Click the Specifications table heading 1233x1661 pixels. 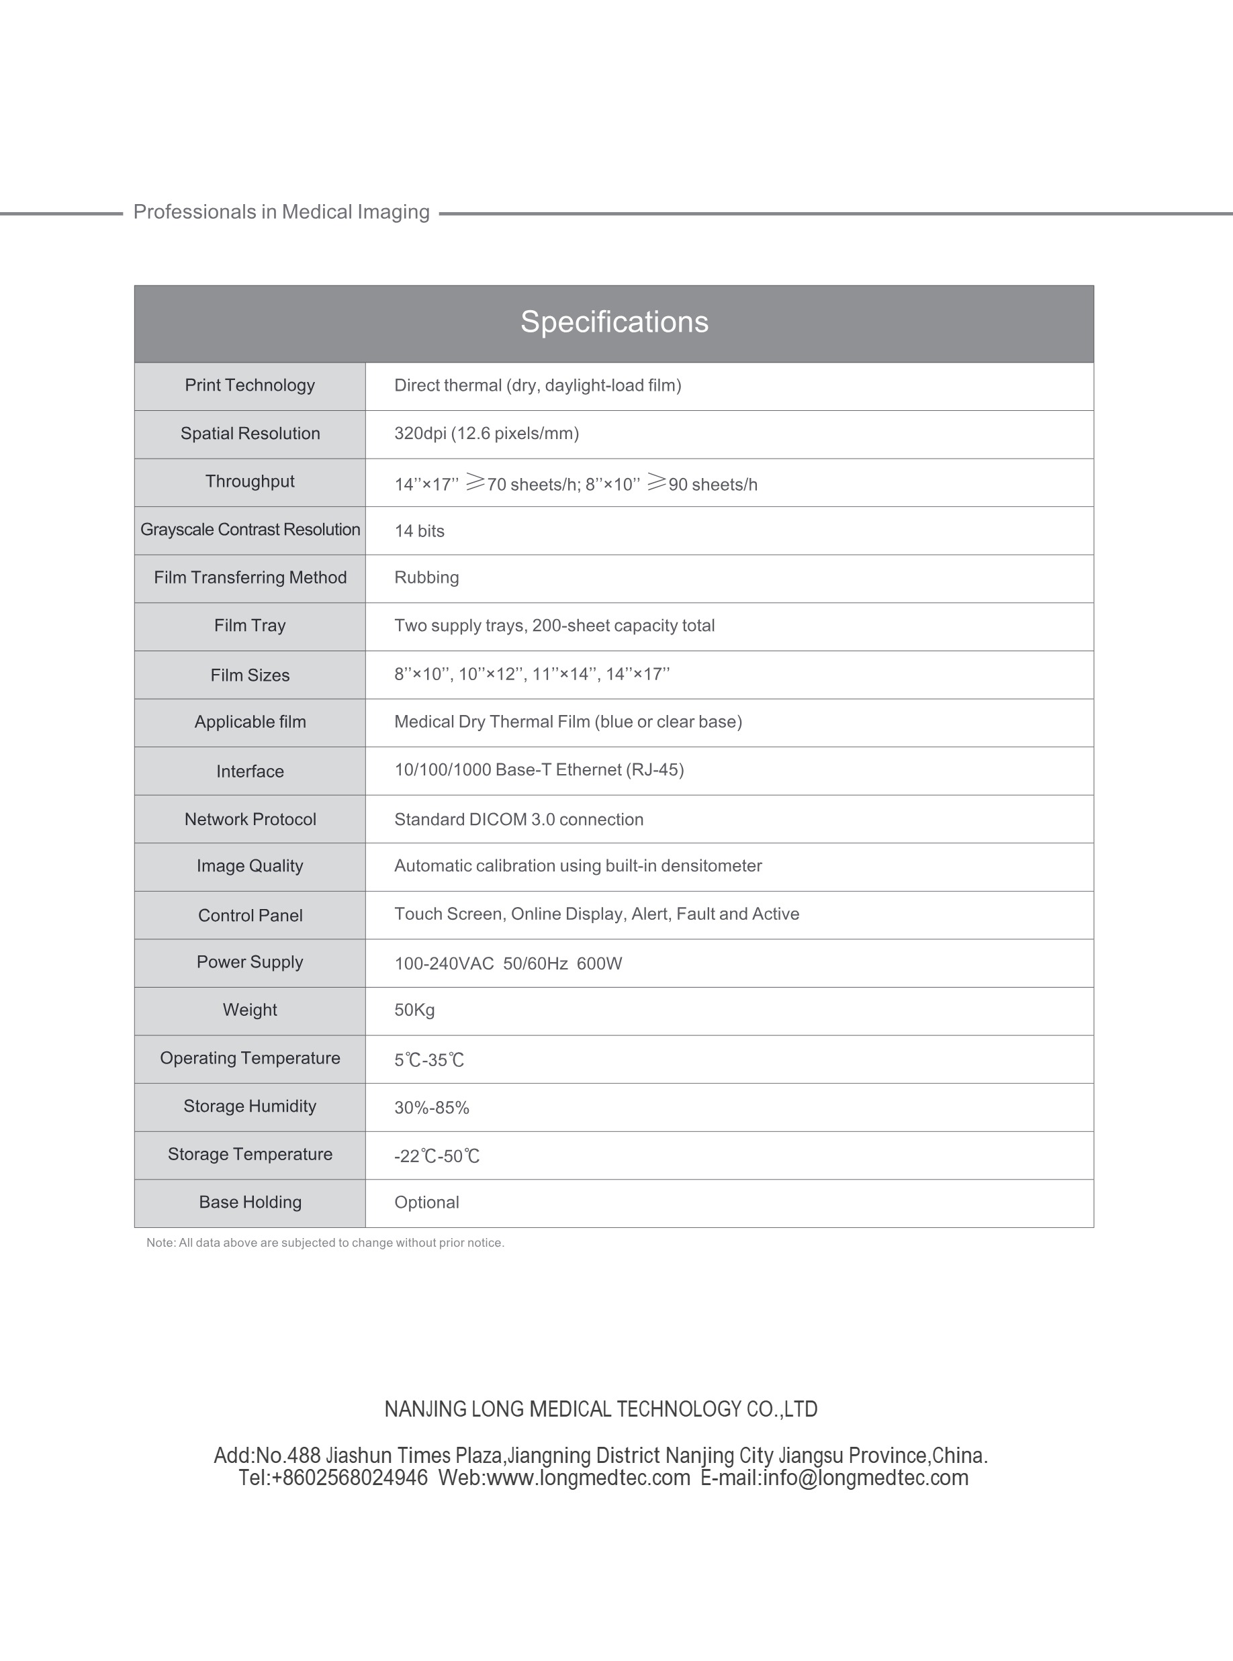(614, 322)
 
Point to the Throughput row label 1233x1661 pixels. (249, 482)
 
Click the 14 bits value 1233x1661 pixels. (420, 531)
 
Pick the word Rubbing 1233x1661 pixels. (426, 577)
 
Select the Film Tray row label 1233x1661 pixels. (249, 626)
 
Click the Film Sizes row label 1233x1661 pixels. (249, 675)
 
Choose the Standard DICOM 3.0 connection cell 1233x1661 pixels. (518, 819)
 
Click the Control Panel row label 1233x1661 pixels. (250, 916)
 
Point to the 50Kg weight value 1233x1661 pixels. (414, 1010)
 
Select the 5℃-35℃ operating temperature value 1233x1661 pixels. (429, 1060)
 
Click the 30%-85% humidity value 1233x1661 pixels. (431, 1108)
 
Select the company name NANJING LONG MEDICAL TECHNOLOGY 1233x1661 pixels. (601, 1409)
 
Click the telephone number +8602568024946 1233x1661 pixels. (349, 1478)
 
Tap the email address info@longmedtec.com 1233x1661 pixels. (865, 1478)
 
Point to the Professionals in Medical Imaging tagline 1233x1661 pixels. (281, 213)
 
